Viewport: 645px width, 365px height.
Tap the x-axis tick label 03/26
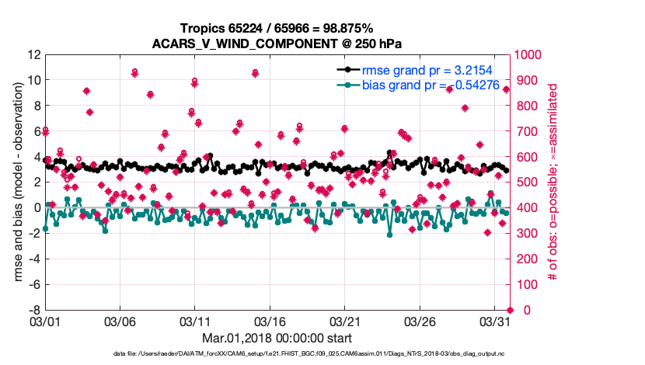420,320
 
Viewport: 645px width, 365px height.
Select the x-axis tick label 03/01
44,320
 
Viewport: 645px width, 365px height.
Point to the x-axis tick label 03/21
345,320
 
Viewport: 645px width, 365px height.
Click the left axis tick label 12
33,55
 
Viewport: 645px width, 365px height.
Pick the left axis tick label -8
33,310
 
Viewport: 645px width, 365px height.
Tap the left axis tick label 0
36,208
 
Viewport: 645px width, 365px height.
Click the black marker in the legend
348,69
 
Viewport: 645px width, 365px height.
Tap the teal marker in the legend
348,85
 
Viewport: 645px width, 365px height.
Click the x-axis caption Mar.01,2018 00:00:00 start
277,338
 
